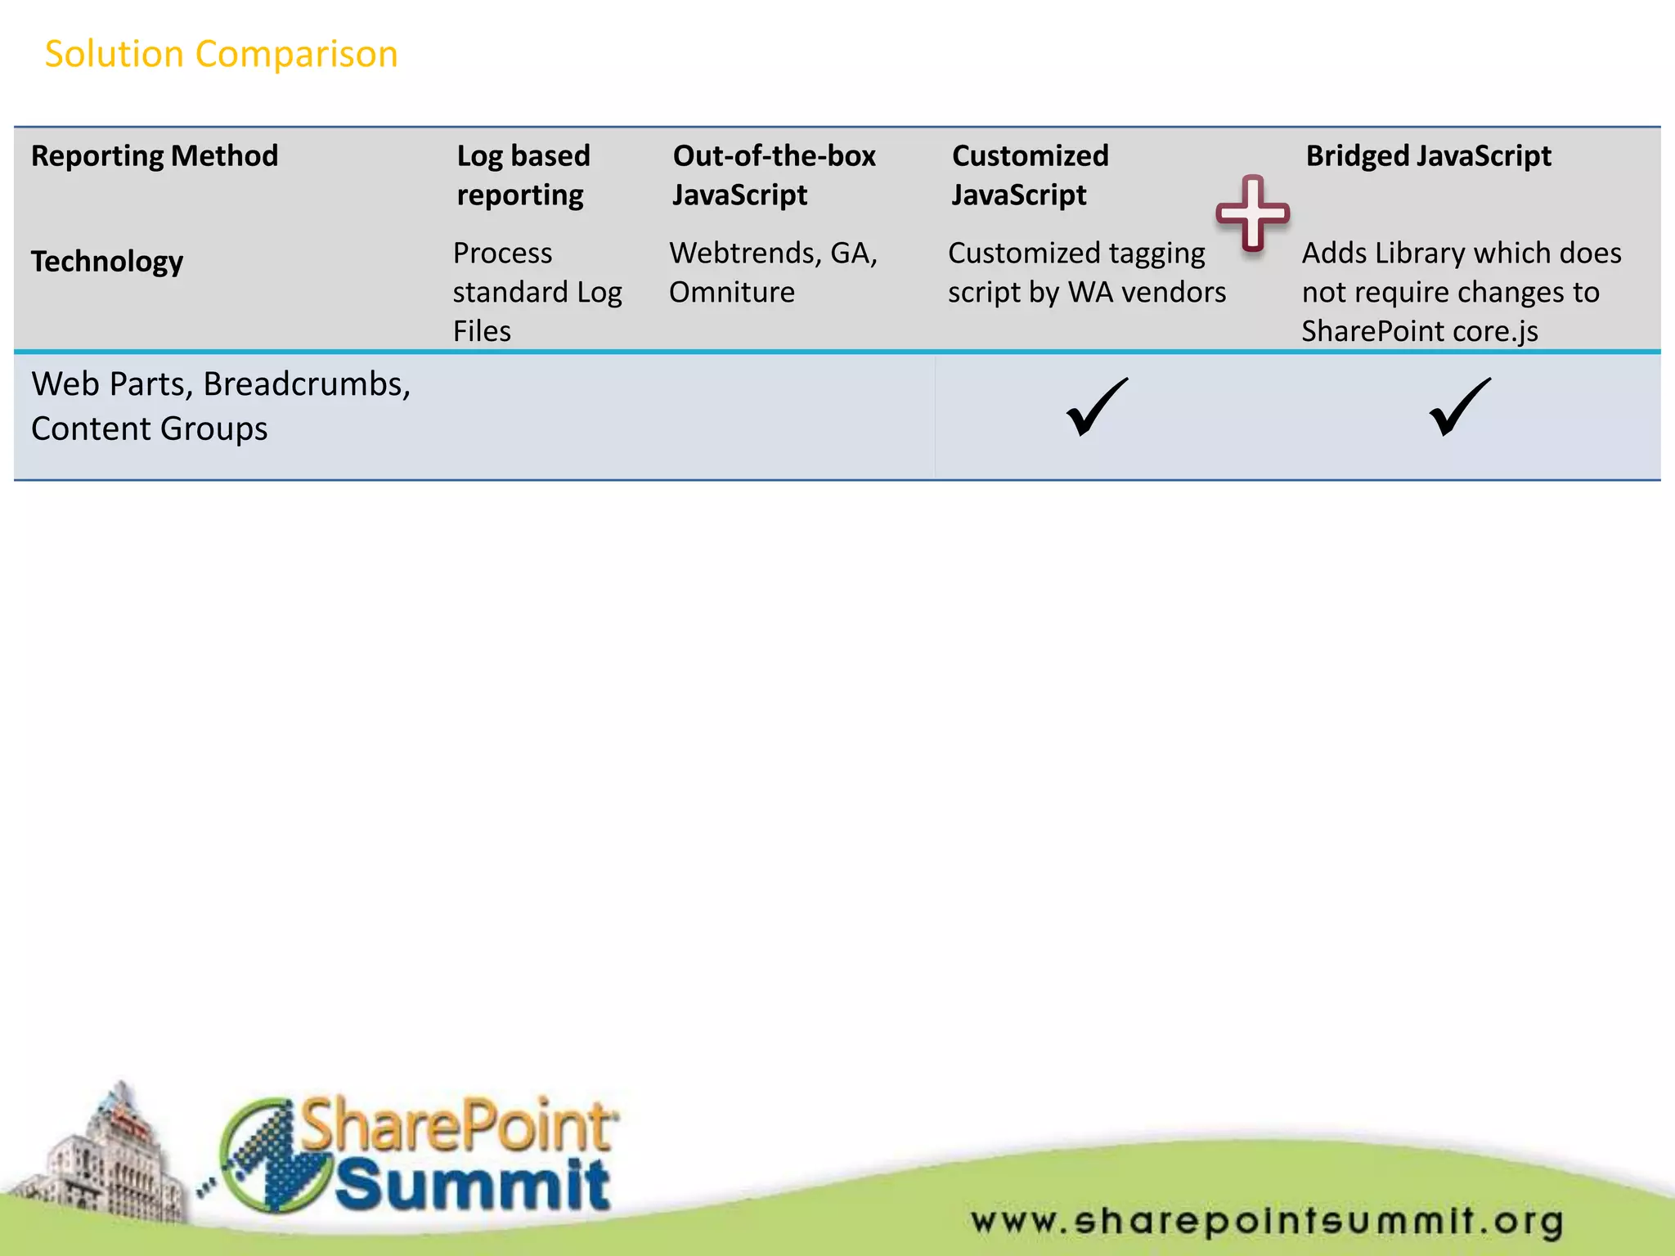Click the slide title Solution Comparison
221,55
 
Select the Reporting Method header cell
155,156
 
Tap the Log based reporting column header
523,175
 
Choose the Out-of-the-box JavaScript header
774,175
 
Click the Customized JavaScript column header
1030,175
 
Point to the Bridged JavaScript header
1428,156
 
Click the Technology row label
107,262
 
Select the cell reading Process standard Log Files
537,292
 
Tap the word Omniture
732,293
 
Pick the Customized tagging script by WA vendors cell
1086,273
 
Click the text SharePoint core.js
1419,332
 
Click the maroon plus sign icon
1252,213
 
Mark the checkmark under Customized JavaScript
1096,407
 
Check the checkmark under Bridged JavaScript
1459,407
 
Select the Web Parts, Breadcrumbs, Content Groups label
221,406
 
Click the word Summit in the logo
473,1183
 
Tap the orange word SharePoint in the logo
458,1125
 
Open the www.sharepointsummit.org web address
1267,1222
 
